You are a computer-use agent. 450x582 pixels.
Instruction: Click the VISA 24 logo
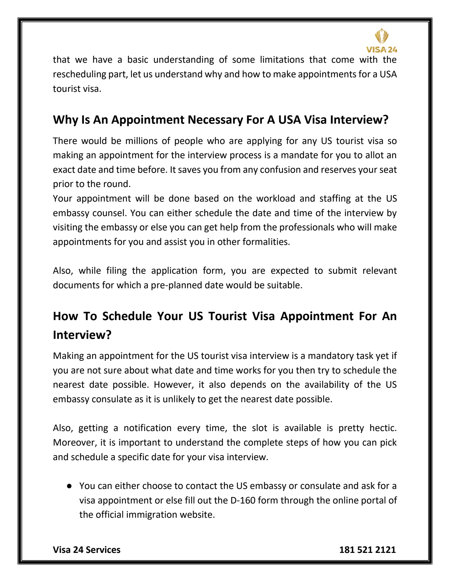pyautogui.click(x=382, y=41)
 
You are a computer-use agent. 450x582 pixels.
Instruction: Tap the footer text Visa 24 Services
pyautogui.click(x=86, y=550)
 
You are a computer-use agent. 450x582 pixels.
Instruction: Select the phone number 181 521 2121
pyautogui.click(x=367, y=550)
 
